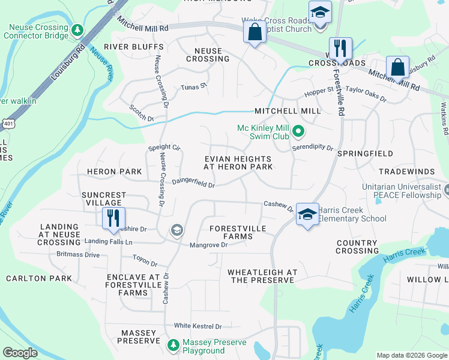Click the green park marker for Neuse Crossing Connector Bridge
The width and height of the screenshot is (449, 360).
(x=77, y=29)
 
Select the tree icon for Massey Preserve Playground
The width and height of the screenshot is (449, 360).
(x=173, y=345)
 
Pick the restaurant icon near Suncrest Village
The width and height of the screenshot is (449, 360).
(x=113, y=218)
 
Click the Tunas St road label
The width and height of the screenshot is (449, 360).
(x=193, y=87)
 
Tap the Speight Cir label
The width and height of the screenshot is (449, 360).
(x=164, y=147)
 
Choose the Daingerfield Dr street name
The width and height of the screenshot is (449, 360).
(x=193, y=182)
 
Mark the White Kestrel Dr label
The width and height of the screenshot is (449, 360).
(x=197, y=326)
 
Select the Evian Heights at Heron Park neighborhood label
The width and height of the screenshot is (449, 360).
(x=238, y=163)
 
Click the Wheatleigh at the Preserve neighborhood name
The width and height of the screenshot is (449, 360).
(x=262, y=276)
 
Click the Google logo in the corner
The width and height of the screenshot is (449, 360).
(x=20, y=352)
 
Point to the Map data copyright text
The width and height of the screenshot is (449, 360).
(x=412, y=355)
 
